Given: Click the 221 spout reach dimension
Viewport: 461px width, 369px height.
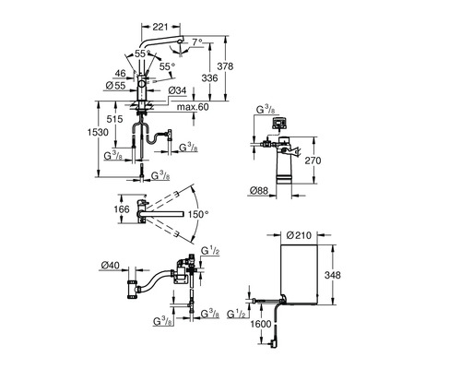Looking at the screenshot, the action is [x=160, y=27].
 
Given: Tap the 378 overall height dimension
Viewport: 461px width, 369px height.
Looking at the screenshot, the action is [x=225, y=66].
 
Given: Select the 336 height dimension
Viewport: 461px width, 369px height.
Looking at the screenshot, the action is [x=209, y=78].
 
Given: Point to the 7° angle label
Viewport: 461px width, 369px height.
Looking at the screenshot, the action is [x=197, y=42].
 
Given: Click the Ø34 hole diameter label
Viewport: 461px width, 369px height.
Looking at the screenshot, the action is [x=177, y=90].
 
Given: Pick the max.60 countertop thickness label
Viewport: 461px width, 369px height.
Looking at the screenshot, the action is [x=193, y=107].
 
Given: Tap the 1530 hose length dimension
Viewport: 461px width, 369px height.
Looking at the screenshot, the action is [x=98, y=132].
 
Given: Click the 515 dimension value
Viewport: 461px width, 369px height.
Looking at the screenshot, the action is [x=114, y=119].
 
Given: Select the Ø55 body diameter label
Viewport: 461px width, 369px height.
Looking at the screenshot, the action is [x=115, y=86].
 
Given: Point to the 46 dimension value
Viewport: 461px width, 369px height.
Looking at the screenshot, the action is [x=120, y=73].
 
